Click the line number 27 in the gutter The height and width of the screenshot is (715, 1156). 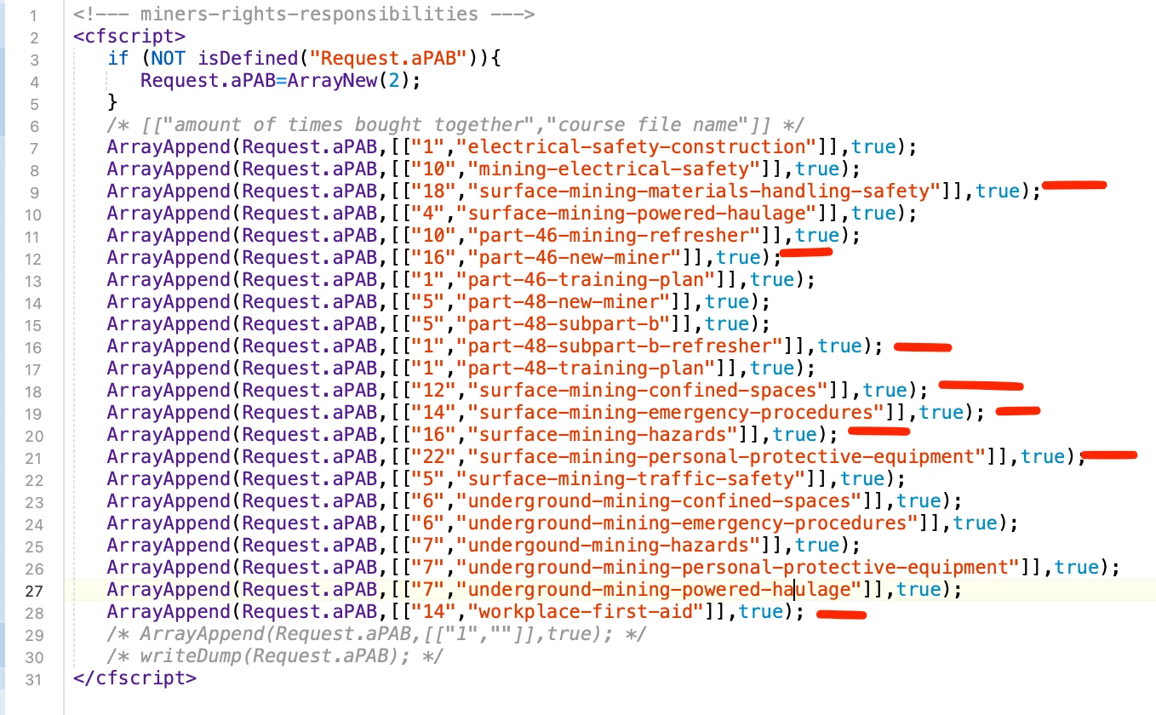[x=33, y=591]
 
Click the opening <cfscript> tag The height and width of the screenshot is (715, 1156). [x=129, y=37]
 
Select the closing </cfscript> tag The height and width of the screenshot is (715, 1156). [x=135, y=678]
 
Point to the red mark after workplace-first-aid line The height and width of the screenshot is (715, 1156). [x=841, y=615]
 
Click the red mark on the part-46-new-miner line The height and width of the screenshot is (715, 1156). [x=806, y=252]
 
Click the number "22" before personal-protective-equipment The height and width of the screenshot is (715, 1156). [x=433, y=457]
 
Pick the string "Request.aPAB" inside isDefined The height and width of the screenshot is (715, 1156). [x=389, y=59]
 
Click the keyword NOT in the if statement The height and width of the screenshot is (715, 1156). [x=169, y=59]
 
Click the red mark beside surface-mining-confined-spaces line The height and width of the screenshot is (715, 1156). [x=981, y=386]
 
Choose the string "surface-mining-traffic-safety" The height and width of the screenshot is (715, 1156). [x=636, y=479]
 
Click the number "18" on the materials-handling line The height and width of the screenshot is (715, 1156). [x=433, y=192]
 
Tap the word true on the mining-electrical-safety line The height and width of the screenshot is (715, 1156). [x=817, y=169]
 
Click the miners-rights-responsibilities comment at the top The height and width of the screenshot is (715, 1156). [x=304, y=14]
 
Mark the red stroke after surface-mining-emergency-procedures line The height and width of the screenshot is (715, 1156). [x=1018, y=411]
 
